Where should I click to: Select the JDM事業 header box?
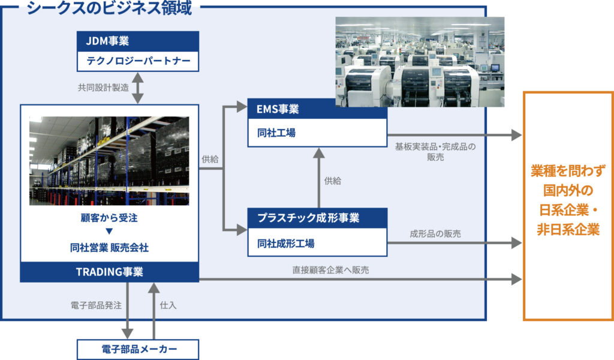pos(137,42)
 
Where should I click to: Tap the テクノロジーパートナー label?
pos(137,62)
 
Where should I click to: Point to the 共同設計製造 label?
pos(103,88)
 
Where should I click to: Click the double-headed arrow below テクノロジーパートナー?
pos(138,88)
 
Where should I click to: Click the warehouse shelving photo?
pos(109,160)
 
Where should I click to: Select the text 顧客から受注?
pos(109,220)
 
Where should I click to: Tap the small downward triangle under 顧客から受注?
pos(109,232)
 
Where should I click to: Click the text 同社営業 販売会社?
pos(109,245)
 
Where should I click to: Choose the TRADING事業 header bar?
pos(109,272)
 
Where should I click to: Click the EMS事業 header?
pos(317,109)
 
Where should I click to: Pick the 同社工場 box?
pos(317,133)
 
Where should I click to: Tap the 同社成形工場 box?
pos(317,243)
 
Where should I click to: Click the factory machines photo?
pos(419,61)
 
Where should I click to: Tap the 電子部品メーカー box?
pos(137,349)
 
